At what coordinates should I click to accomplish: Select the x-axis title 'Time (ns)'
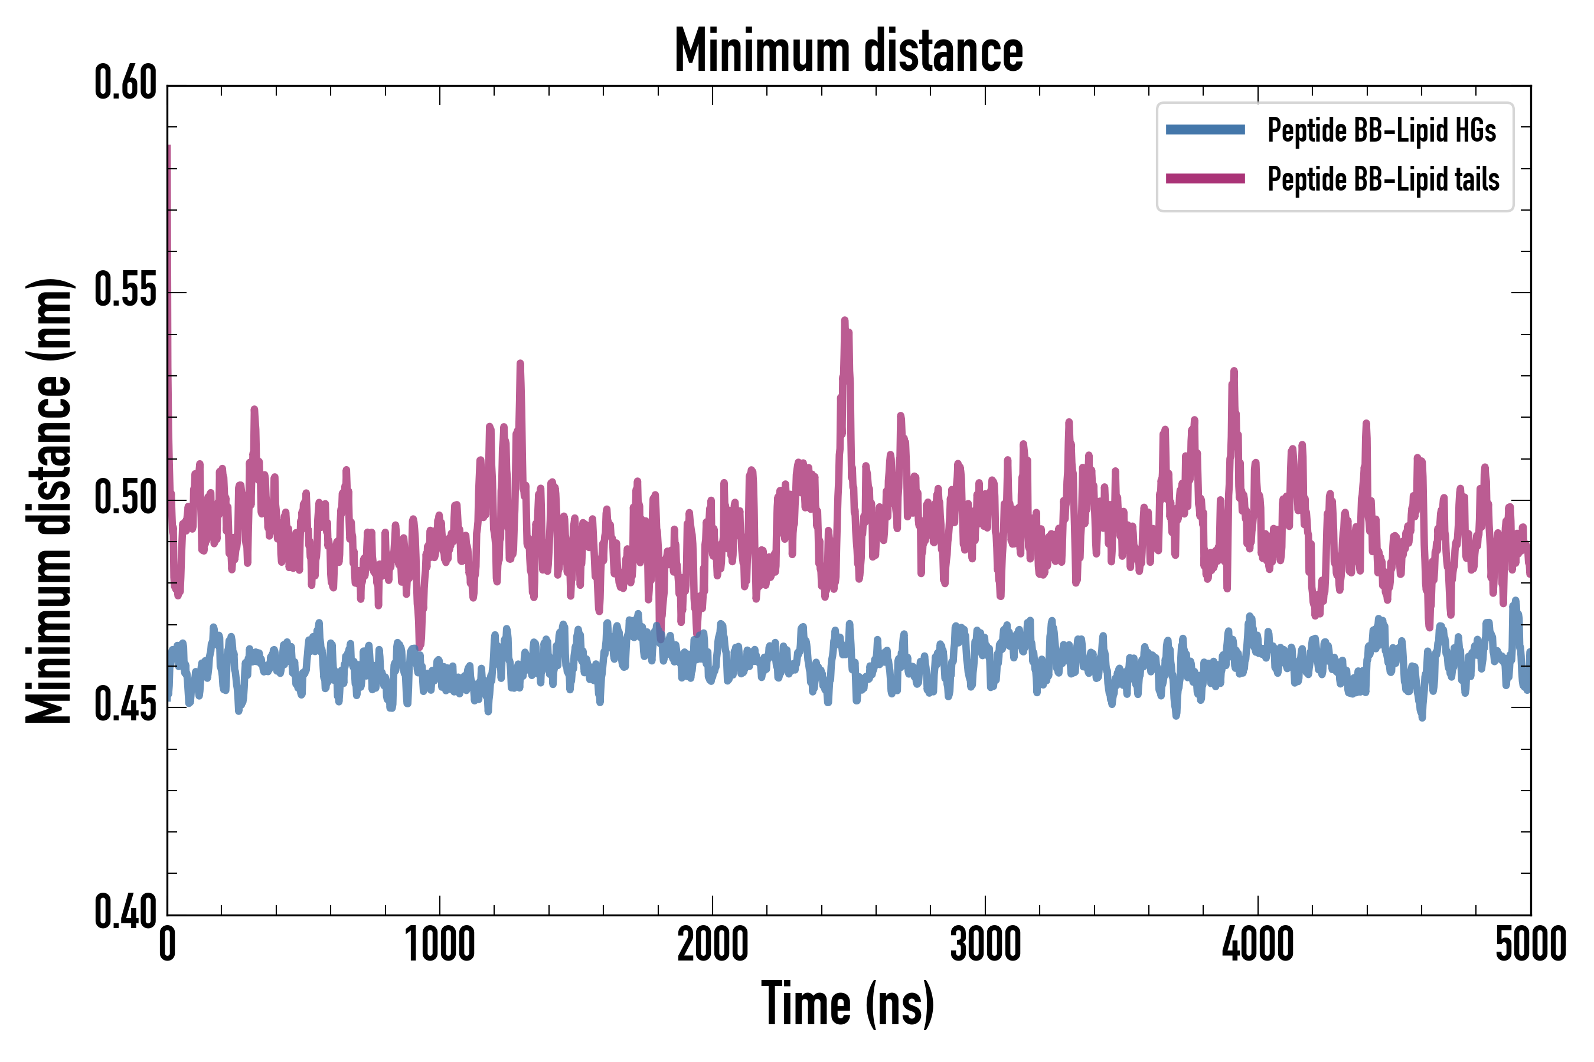pos(848,1004)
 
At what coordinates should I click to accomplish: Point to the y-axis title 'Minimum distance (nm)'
pos(49,500)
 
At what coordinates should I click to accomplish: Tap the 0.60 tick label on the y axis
pos(125,84)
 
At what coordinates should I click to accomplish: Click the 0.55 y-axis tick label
pos(125,291)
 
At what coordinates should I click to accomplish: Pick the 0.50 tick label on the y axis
pos(125,499)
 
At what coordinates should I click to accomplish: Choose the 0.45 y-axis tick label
pos(125,706)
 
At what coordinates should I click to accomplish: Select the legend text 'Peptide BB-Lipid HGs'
pos(1381,130)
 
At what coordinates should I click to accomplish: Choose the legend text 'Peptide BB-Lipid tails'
pos(1383,179)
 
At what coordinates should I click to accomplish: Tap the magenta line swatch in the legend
pos(1205,179)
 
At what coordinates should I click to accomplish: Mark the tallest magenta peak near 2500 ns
pos(844,321)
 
